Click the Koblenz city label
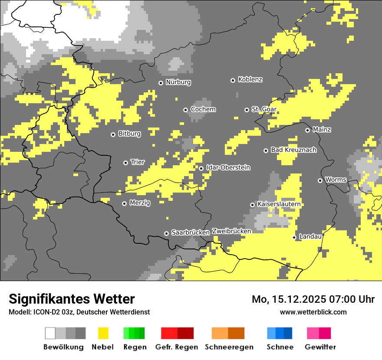click(x=250, y=80)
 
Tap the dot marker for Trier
click(x=125, y=163)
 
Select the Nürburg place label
click(x=178, y=82)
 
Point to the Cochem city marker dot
click(x=185, y=110)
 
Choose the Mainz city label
click(x=322, y=130)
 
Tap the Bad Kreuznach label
click(x=293, y=150)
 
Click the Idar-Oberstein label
click(x=228, y=168)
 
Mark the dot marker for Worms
click(x=320, y=180)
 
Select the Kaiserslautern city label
click(x=279, y=204)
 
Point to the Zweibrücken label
click(x=231, y=231)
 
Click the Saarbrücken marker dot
click(x=166, y=233)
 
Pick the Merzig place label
click(x=140, y=203)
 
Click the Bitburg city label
click(x=129, y=134)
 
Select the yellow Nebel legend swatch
click(x=103, y=333)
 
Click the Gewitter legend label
click(x=320, y=347)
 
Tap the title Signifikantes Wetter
click(x=72, y=299)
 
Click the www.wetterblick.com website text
click(x=313, y=312)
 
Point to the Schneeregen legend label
click(x=229, y=347)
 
